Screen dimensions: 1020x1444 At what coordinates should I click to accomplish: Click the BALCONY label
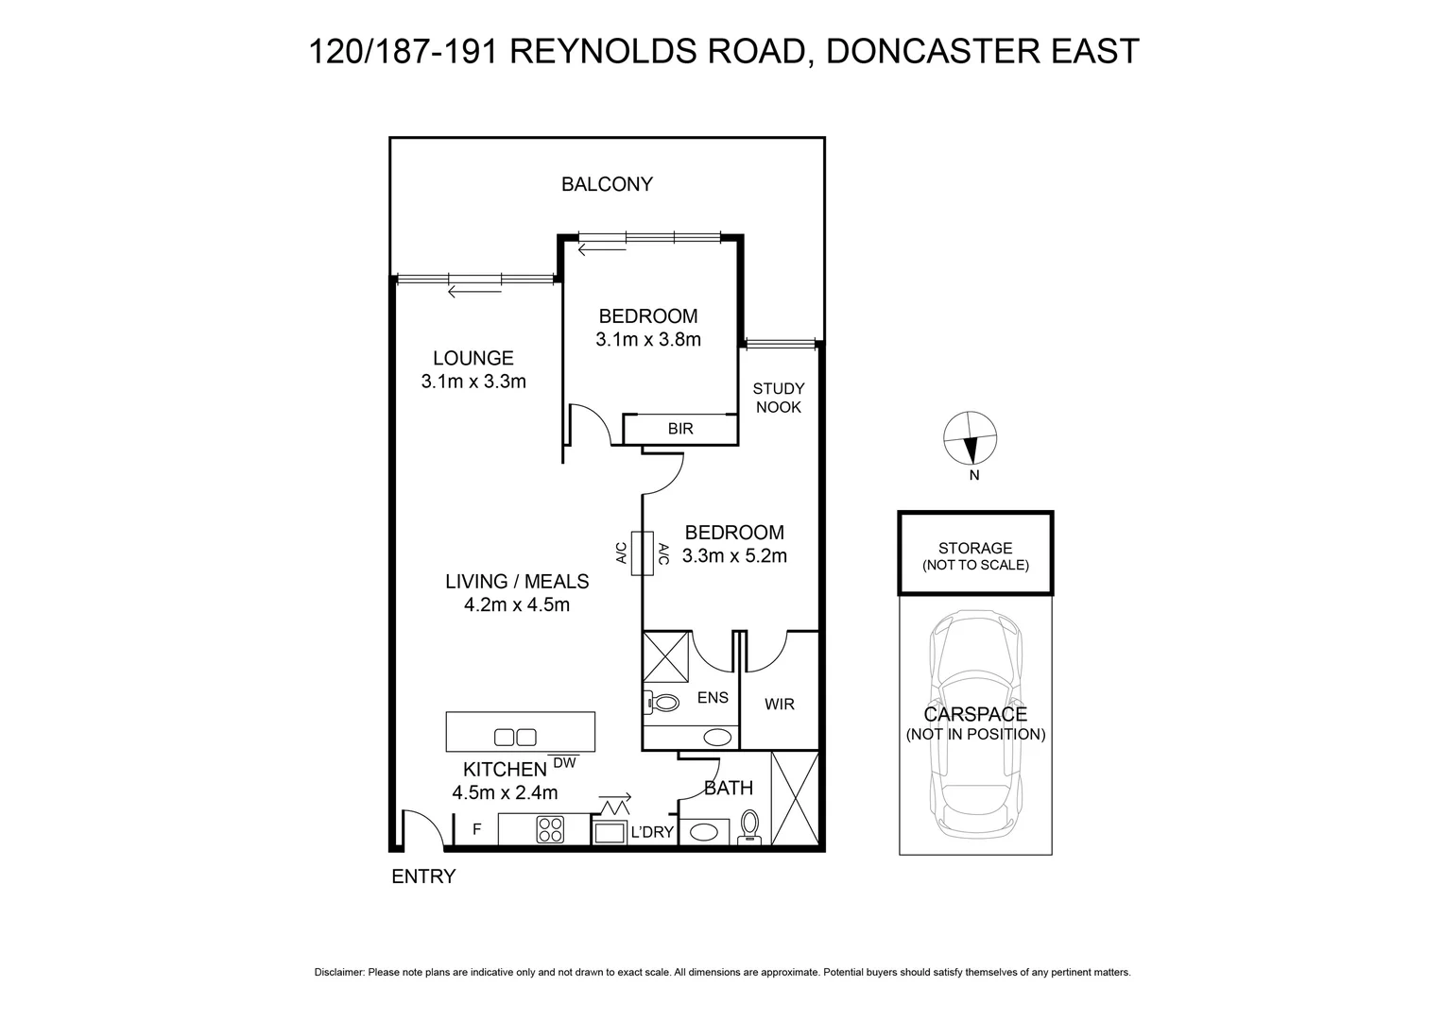(x=607, y=184)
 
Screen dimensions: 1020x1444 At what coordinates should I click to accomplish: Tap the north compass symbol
(x=971, y=439)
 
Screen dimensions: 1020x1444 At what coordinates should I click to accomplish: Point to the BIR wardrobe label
(x=680, y=429)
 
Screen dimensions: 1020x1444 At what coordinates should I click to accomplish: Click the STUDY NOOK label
(x=779, y=398)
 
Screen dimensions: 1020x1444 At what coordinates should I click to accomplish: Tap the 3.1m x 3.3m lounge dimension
(x=473, y=382)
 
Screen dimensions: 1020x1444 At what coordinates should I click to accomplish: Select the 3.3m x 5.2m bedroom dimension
(x=734, y=556)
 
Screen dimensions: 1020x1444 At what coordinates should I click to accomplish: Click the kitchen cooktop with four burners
(x=550, y=829)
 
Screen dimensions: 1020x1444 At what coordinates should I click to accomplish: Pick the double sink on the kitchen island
(x=516, y=737)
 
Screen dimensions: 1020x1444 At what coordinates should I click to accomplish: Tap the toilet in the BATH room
(x=750, y=824)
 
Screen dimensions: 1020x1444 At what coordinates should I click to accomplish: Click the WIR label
(x=780, y=704)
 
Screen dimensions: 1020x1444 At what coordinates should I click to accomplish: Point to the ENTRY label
(x=423, y=876)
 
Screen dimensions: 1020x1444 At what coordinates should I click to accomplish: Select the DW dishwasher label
(x=564, y=762)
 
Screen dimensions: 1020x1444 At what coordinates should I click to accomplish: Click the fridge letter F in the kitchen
(x=477, y=829)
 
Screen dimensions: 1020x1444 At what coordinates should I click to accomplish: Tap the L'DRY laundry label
(x=651, y=832)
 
